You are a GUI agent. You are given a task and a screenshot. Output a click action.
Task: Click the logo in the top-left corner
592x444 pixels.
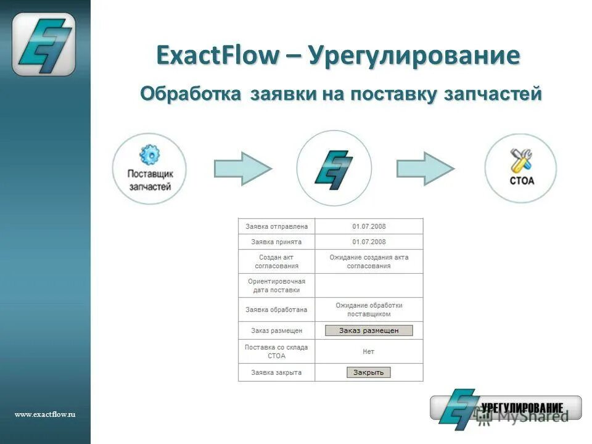tap(44, 44)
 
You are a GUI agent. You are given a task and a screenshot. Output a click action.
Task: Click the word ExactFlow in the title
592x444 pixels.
tap(218, 55)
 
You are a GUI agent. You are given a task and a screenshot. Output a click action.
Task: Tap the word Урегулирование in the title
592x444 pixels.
tap(414, 55)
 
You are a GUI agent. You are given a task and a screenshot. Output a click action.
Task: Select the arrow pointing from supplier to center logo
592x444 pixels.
tap(242, 168)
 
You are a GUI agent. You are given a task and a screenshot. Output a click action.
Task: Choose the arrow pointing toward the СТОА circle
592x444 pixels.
tap(425, 168)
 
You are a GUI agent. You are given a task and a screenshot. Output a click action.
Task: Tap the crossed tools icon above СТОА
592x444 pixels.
tap(521, 160)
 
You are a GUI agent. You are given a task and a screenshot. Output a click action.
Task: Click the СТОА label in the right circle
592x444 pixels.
tap(521, 182)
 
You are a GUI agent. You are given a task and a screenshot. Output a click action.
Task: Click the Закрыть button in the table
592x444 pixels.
tap(369, 372)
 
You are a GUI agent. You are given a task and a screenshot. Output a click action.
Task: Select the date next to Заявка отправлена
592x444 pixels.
tap(369, 226)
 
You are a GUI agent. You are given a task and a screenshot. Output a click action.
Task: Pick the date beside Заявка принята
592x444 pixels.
tap(369, 242)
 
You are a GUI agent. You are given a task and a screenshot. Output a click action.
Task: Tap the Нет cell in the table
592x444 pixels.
tap(368, 351)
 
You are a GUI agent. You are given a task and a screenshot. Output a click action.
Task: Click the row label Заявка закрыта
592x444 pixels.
tap(276, 372)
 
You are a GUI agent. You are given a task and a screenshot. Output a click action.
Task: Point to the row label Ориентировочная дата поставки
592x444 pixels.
tap(276, 286)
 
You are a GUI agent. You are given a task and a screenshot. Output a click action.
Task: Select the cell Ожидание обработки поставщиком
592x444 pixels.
tap(369, 310)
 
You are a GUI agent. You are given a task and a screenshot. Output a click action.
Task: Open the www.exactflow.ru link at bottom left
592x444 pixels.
tap(44, 415)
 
